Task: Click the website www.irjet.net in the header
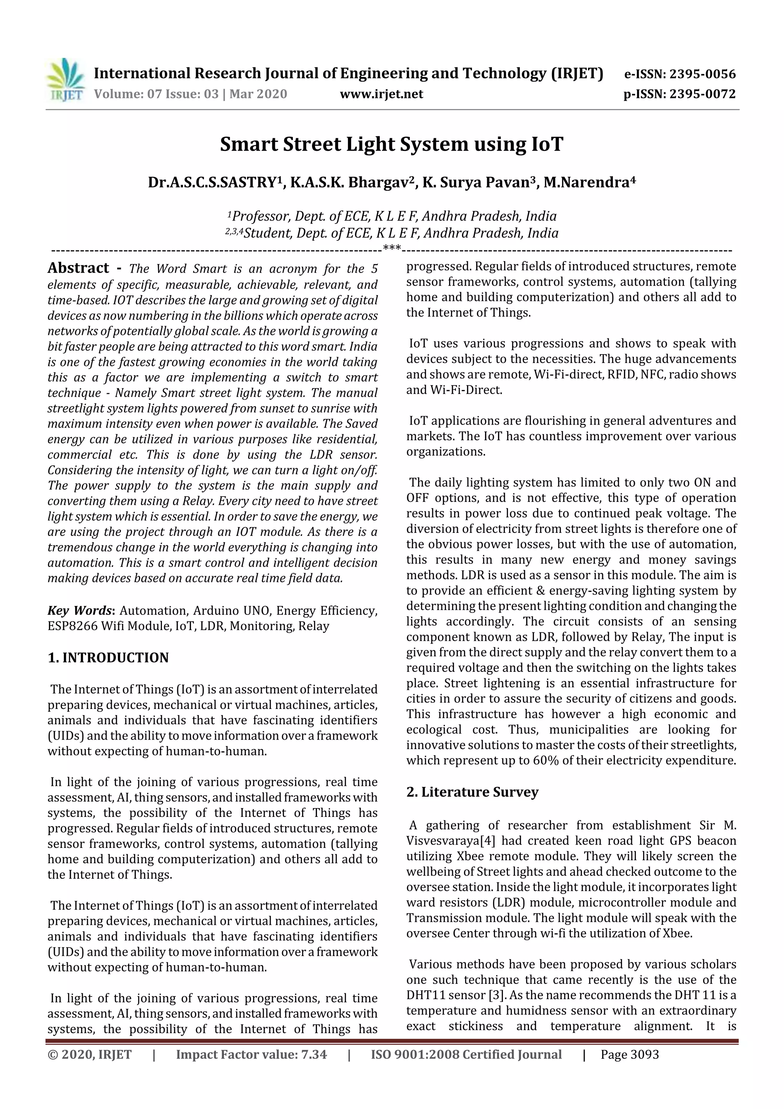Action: click(x=381, y=94)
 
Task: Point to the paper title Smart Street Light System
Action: click(x=391, y=144)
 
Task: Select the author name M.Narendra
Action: click(x=588, y=183)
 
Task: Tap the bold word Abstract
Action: click(x=78, y=268)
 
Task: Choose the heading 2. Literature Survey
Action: click(x=472, y=792)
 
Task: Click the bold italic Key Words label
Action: click(x=80, y=611)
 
